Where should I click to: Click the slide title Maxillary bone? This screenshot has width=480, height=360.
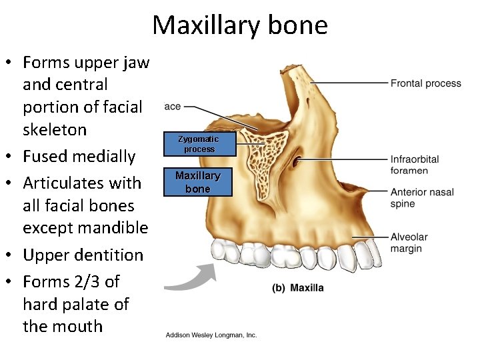[240, 25]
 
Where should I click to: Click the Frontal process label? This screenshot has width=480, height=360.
[425, 83]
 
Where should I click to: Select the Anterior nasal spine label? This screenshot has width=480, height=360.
[422, 198]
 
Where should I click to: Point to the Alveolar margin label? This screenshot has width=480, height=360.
[409, 243]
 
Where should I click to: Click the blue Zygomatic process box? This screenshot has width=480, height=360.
[199, 144]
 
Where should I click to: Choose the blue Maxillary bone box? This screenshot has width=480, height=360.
[197, 182]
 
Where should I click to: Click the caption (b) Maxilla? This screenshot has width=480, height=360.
[298, 288]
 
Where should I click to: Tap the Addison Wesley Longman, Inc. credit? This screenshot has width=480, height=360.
[211, 335]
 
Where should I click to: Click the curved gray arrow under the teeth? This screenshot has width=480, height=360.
[189, 278]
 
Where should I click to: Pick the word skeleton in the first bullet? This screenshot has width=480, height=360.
[55, 129]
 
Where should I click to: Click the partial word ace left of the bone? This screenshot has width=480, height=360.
[171, 107]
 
